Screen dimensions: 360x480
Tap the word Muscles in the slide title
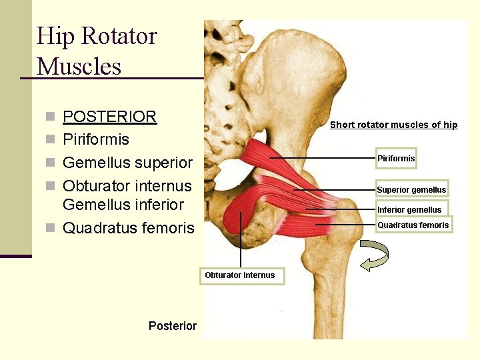79,67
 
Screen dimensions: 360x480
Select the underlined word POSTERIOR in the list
109,117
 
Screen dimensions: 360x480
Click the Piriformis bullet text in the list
96,139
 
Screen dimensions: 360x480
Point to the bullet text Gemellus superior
127,163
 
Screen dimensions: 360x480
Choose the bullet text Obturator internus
127,186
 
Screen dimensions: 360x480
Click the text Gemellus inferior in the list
123,204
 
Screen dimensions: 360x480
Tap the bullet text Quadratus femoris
128,228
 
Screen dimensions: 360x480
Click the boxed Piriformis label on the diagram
396,159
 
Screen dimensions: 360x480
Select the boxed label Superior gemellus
411,189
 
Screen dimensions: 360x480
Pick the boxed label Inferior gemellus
409,209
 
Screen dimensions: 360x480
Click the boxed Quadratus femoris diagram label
413,225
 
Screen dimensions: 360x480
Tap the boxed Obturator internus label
240,275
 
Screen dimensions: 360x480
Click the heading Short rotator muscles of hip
394,125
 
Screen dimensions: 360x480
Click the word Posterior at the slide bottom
173,325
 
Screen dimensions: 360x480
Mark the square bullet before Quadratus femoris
50,229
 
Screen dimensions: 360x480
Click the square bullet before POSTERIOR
50,117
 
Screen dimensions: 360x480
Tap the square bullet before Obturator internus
50,187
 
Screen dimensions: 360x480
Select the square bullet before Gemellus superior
50,163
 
